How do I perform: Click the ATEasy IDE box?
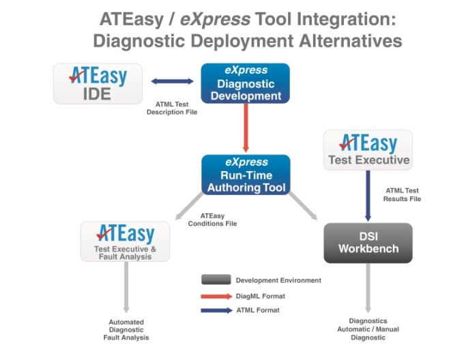click(x=98, y=83)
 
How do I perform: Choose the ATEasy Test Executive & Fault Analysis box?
click(x=125, y=241)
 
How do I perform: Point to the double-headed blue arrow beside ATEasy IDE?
click(x=172, y=82)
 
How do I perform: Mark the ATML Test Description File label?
click(x=172, y=108)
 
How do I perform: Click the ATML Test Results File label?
click(x=403, y=194)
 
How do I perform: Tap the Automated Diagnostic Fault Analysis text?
click(x=126, y=329)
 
